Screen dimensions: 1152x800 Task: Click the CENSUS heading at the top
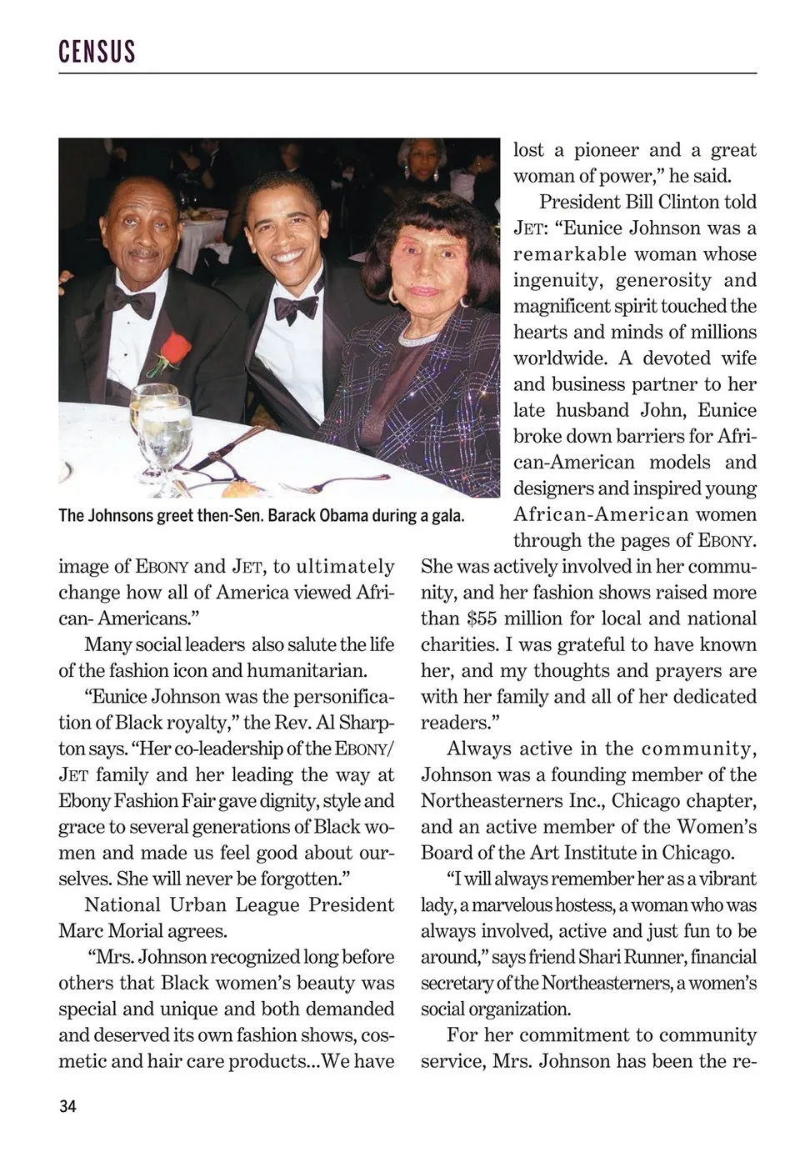(97, 52)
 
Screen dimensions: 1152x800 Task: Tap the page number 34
(67, 1106)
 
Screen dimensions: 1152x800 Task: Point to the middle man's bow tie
(295, 307)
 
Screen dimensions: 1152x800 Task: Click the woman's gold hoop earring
(393, 294)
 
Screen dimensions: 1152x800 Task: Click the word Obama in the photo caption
(342, 515)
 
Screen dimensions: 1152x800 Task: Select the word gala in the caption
(447, 515)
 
